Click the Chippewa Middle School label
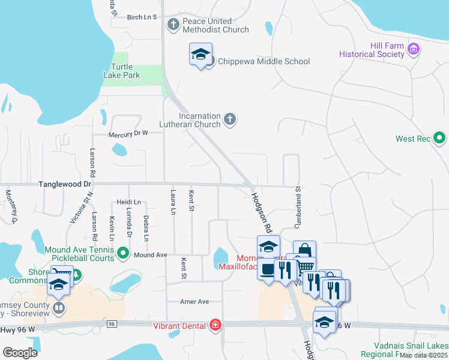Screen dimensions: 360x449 pos(264,61)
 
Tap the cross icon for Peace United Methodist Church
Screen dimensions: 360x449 pos(173,25)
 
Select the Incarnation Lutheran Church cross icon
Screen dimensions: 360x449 pos(229,119)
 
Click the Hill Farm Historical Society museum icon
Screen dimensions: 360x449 pos(413,49)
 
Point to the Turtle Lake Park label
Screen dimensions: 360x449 pos(125,71)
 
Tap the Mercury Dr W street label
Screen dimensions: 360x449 pos(128,134)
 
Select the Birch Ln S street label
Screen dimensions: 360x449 pos(142,17)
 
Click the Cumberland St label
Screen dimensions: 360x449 pos(297,206)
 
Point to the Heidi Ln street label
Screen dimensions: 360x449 pos(128,202)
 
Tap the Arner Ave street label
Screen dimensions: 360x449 pos(194,301)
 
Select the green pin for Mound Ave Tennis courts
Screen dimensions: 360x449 pos(124,254)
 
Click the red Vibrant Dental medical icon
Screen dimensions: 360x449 pos(215,326)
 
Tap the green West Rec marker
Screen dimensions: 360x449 pos(439,139)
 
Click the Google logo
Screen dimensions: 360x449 pos(19,352)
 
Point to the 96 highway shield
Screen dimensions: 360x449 pos(112,324)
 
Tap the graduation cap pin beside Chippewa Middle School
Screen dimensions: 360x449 pos(200,55)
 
